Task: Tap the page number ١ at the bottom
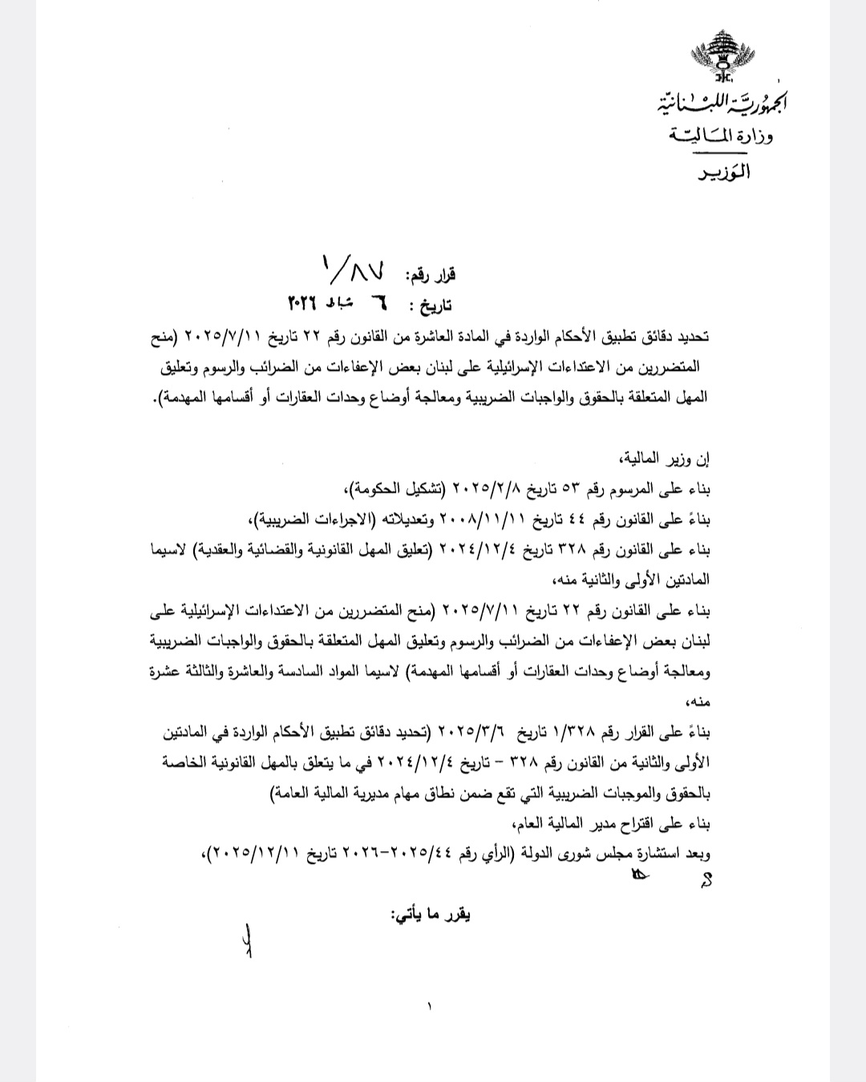click(431, 1006)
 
